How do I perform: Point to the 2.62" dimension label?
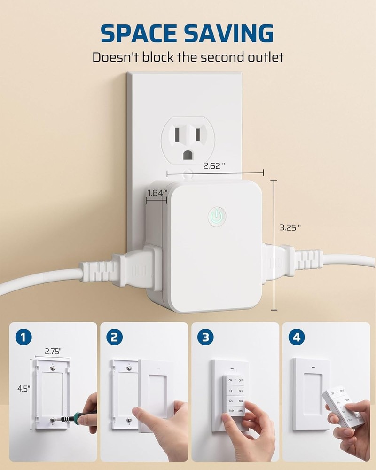coord(214,165)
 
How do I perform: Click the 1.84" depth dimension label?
coord(157,193)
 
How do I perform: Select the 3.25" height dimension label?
coord(290,227)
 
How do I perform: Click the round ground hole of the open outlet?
coord(188,154)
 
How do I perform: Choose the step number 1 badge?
coord(23,337)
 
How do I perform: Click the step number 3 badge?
coord(205,337)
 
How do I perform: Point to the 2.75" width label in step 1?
coord(53,351)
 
